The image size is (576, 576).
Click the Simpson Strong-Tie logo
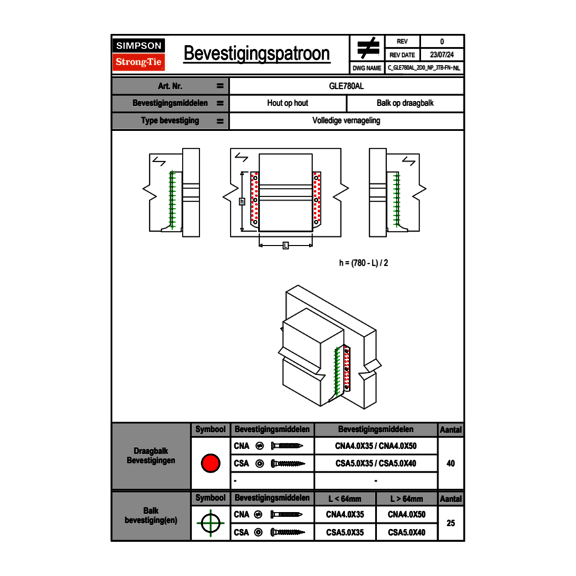coord(139,54)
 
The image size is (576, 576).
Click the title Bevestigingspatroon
coord(257,54)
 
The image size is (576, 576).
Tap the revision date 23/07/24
coord(442,54)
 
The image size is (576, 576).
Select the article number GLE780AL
coord(346,86)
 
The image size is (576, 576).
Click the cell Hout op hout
coord(287,103)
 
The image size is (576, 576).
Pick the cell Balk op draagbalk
coord(405,103)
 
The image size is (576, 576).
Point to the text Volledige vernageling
coord(346,121)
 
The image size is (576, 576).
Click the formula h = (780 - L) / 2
coord(367,263)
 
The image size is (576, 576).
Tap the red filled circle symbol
coord(209,463)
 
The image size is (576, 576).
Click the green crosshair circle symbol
coord(209,523)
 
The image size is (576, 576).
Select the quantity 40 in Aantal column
coord(450,463)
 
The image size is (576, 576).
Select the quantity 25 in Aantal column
coord(450,523)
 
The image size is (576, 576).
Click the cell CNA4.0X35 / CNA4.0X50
coord(376,446)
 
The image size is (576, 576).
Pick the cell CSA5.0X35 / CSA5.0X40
coord(376,463)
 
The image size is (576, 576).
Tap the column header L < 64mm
coord(345,499)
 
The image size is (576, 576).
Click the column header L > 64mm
coord(406,499)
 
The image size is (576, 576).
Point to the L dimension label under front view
coord(285,245)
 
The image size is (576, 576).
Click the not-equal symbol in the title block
coord(368,48)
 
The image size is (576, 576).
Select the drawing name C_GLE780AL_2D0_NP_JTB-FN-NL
coord(423,67)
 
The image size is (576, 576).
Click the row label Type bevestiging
coord(170,121)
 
